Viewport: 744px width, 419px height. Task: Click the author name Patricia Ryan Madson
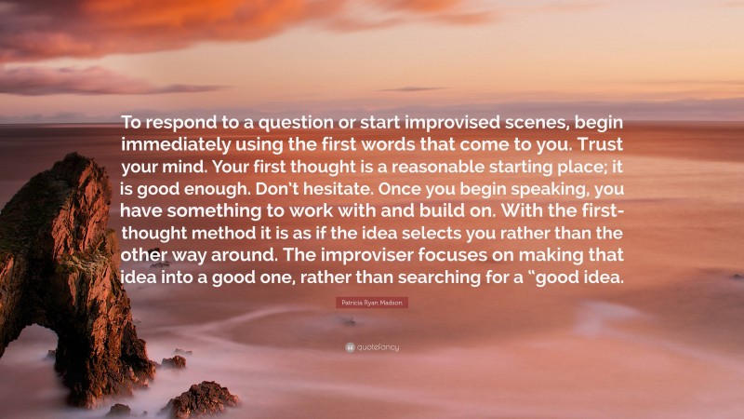point(371,303)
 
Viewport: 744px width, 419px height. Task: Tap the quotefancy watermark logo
point(372,347)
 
